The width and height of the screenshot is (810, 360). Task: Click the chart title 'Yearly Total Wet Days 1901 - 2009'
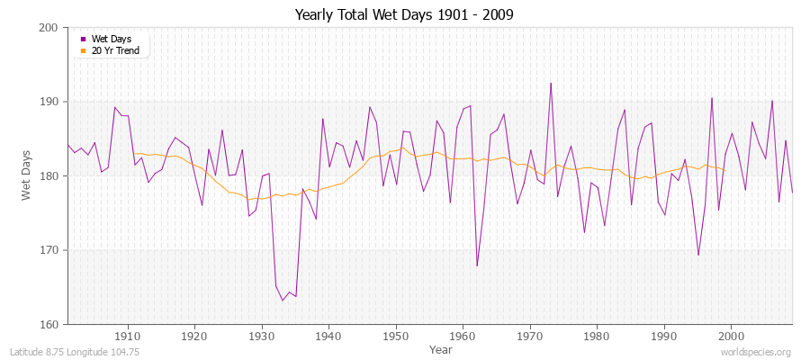[x=404, y=15]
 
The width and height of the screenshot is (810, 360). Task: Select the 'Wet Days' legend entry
[x=111, y=39]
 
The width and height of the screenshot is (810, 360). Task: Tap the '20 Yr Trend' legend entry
[x=114, y=50]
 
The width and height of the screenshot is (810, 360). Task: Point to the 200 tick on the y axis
[x=49, y=28]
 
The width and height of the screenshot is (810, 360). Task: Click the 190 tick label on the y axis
[x=49, y=102]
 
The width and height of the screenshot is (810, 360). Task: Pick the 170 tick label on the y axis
[x=49, y=250]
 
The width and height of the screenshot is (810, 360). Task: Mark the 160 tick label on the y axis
[x=49, y=324]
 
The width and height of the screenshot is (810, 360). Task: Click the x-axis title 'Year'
[x=441, y=348]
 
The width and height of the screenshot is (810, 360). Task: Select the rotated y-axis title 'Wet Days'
[x=27, y=175]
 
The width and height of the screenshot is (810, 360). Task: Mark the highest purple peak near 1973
[x=551, y=84]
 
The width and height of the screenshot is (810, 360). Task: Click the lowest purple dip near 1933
[x=283, y=301]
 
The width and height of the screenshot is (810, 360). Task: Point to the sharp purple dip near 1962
[x=477, y=265]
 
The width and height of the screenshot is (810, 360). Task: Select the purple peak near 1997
[x=712, y=98]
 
